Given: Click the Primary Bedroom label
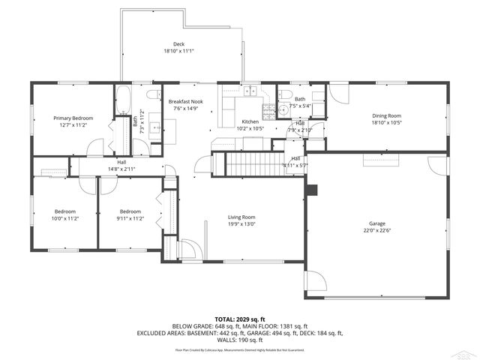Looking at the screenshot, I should tap(73, 118).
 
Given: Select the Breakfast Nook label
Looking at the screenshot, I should tap(185, 101).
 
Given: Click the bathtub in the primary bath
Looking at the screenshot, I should tap(123, 100).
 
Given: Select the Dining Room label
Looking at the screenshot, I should tap(387, 115).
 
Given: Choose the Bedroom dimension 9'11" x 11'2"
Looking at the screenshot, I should tap(130, 218).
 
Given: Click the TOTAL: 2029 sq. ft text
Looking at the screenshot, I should tap(239, 319).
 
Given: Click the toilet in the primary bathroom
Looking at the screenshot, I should tap(152, 95).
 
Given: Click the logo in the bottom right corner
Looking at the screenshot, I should tap(466, 352).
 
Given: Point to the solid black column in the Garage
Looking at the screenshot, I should tap(312, 188).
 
